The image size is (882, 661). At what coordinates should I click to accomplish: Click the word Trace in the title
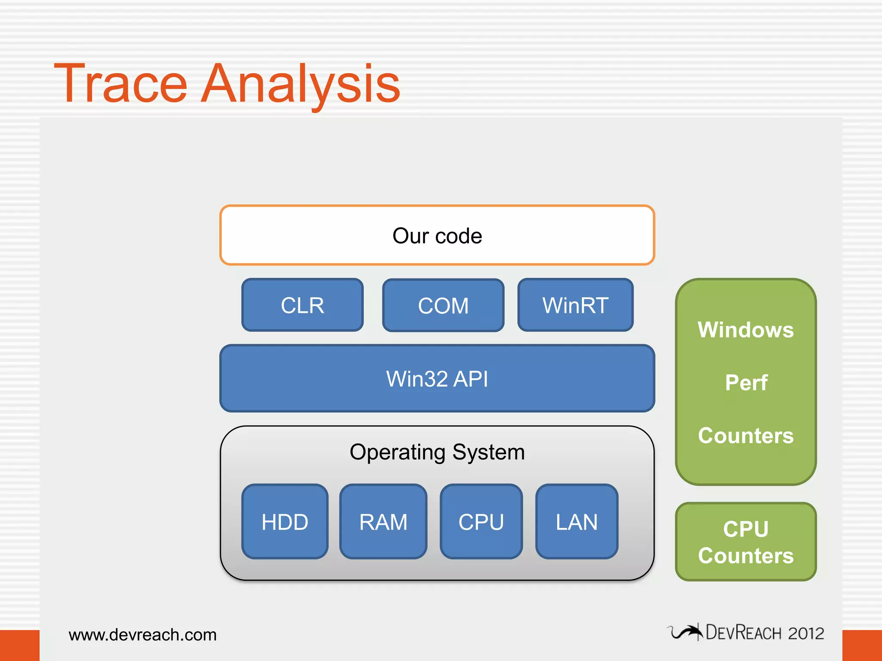click(x=121, y=84)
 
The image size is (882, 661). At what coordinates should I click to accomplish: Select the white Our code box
click(x=437, y=236)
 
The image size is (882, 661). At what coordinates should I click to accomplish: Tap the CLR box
click(x=302, y=306)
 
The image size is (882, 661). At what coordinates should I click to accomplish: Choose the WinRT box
click(x=575, y=306)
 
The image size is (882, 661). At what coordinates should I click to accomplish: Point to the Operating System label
click(x=437, y=452)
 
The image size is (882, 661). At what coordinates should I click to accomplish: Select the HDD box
click(x=285, y=522)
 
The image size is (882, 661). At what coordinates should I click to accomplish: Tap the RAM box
click(x=383, y=522)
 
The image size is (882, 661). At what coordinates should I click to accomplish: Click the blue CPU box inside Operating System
click(x=481, y=522)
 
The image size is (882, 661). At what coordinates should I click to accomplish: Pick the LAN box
click(x=577, y=522)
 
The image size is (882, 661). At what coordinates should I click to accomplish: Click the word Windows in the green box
click(x=745, y=330)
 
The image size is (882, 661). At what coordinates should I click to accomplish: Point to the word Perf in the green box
click(x=746, y=383)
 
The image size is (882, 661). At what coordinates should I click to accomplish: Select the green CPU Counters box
click(x=745, y=542)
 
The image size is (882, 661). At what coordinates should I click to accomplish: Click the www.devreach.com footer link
click(x=143, y=635)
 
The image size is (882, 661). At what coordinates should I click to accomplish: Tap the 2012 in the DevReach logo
click(x=806, y=633)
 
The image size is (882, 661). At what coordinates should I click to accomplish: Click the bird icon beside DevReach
click(x=686, y=632)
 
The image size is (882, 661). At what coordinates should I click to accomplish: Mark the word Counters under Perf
click(x=745, y=436)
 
